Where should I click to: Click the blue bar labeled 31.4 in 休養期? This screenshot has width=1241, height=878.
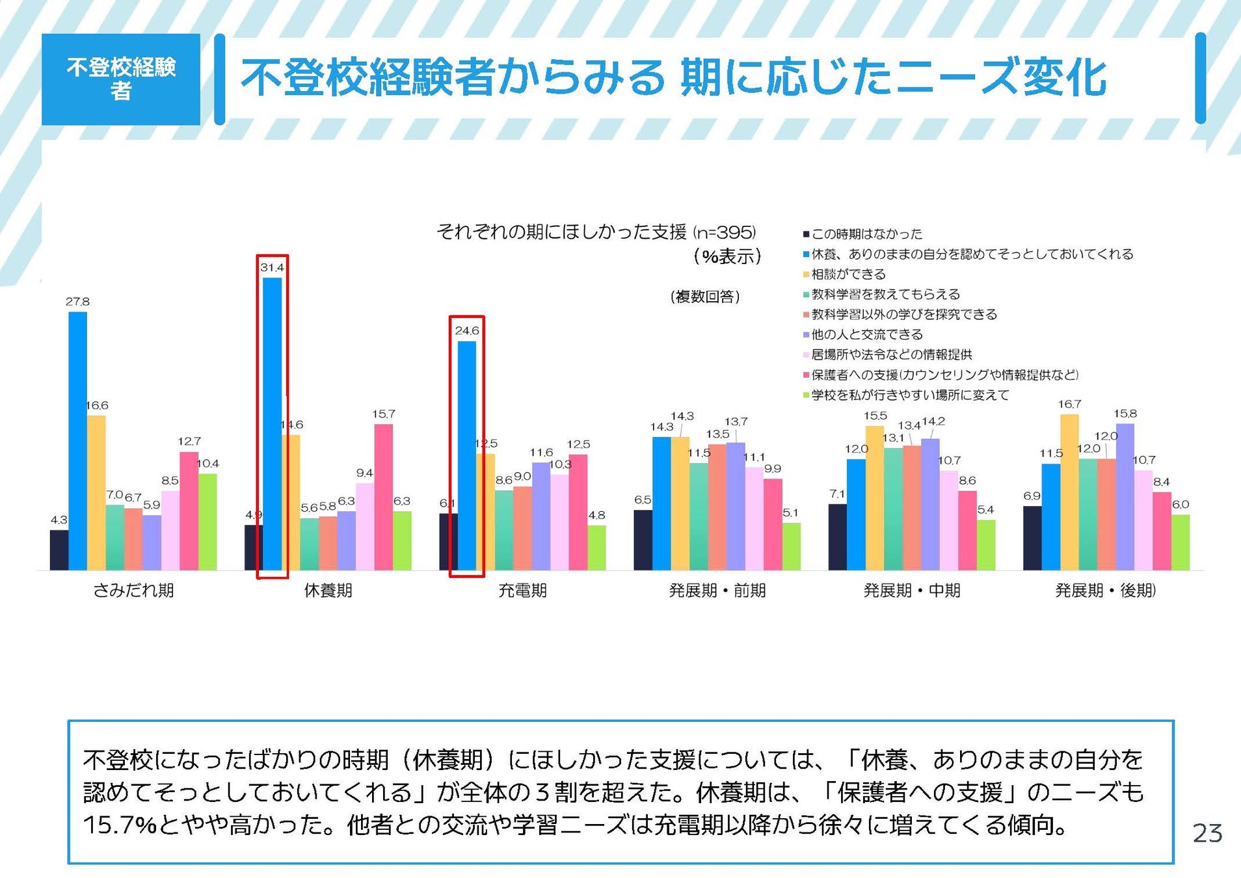tap(272, 423)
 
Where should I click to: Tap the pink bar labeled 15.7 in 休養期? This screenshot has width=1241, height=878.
tap(383, 497)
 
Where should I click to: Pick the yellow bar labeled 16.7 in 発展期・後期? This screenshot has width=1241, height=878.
tap(1069, 492)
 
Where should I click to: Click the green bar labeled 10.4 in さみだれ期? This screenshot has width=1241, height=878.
tap(207, 522)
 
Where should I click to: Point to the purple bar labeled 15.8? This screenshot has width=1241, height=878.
tap(1125, 497)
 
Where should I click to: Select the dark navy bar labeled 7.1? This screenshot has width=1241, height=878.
tap(837, 537)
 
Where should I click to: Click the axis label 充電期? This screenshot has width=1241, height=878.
tap(522, 591)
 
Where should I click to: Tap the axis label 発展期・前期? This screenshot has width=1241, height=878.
tap(717, 591)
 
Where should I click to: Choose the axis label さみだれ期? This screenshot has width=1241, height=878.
tap(133, 591)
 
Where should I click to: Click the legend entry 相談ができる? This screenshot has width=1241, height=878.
tap(848, 274)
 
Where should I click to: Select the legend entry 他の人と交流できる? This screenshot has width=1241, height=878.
tap(866, 335)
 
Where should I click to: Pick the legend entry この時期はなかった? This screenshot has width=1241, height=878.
tap(866, 234)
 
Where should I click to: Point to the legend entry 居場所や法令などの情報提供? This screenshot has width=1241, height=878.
tap(891, 355)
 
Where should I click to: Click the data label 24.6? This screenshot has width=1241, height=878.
tap(467, 330)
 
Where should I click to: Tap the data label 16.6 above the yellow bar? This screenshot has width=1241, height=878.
tap(96, 405)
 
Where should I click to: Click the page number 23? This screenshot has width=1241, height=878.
tap(1207, 833)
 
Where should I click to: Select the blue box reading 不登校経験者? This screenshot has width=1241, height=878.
tap(121, 79)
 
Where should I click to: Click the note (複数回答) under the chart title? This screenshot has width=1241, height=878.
tap(705, 297)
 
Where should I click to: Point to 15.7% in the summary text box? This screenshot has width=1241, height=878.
tap(120, 825)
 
